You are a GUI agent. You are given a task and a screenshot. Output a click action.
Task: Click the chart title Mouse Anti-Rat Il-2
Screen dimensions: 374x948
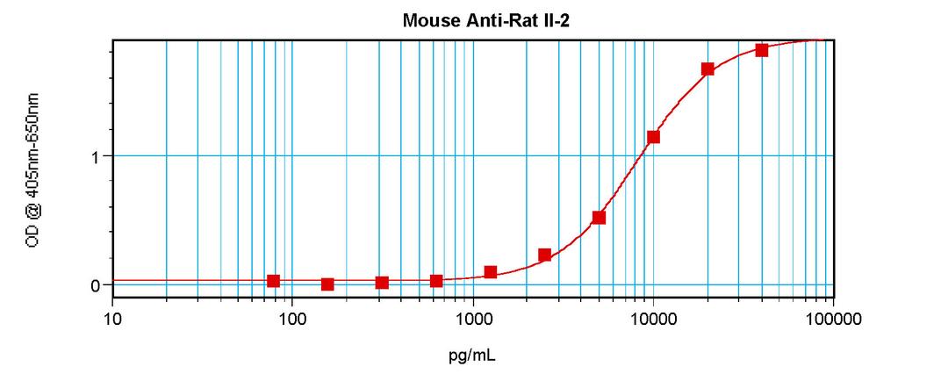(473, 19)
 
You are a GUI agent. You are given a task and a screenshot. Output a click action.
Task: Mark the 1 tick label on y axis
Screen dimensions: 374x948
(97, 156)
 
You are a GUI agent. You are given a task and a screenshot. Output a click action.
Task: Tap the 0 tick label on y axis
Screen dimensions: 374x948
(97, 285)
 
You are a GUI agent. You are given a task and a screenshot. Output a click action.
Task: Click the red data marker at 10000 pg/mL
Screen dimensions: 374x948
(653, 137)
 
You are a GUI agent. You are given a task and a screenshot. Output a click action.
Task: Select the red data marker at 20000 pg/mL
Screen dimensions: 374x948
(707, 69)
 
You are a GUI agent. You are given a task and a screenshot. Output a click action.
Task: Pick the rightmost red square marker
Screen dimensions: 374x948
(762, 50)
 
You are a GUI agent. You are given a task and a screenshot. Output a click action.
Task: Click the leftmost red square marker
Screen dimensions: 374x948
(274, 281)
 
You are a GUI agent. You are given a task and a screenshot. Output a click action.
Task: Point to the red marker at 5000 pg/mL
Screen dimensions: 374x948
(599, 218)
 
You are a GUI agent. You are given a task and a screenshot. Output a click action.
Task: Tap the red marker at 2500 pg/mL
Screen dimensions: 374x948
(544, 255)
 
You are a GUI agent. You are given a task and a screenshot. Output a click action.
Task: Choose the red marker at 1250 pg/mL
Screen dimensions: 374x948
(491, 272)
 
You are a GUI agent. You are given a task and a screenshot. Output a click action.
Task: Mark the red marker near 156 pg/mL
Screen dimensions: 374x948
(327, 284)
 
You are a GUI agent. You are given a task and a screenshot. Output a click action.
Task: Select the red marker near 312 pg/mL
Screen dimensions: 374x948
(382, 283)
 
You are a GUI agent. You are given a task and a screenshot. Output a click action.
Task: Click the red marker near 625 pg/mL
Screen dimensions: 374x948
(436, 281)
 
